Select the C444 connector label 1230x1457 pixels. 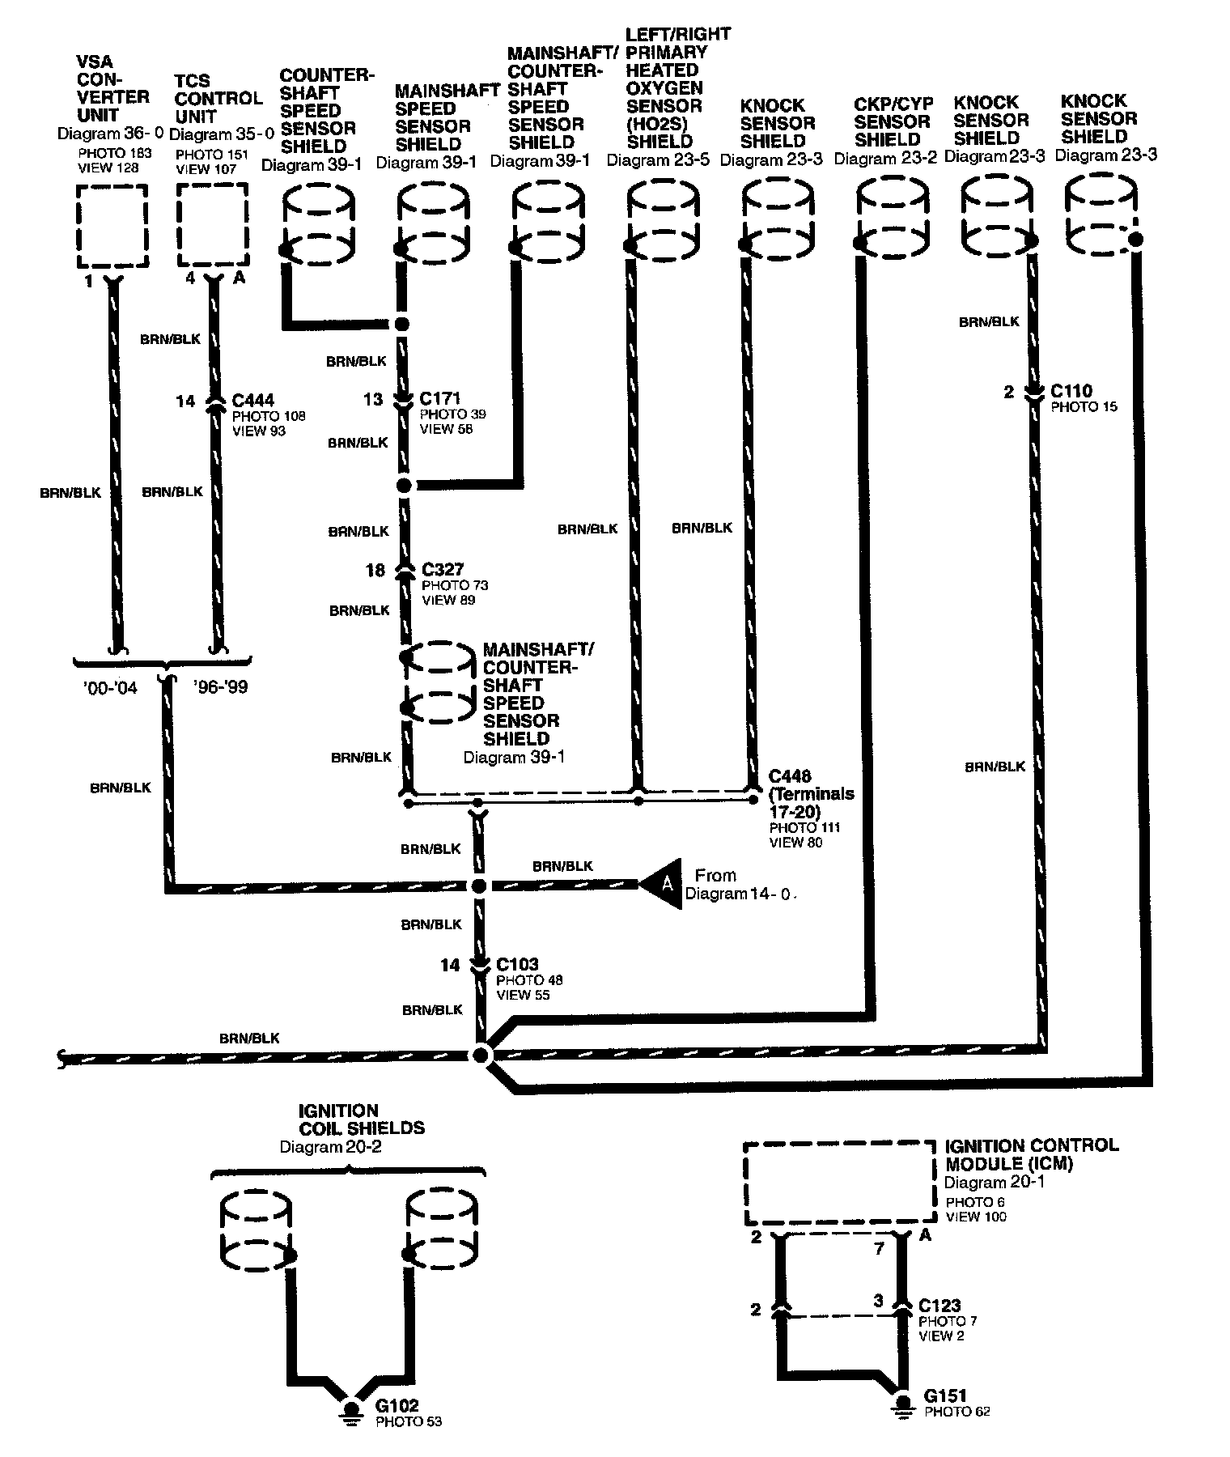pos(252,401)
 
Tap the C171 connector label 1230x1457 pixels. pos(440,398)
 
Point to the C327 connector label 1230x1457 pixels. pos(442,569)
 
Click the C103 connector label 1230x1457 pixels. pos(517,964)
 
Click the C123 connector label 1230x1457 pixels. pos(939,1305)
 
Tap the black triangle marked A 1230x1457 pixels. pos(663,884)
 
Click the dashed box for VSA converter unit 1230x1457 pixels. pos(112,226)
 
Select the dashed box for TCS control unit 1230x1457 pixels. pos(213,225)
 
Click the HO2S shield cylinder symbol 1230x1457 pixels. pos(664,220)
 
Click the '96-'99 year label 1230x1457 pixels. pos(220,687)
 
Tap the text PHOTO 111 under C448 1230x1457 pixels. pos(804,827)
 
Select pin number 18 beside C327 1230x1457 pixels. pos(375,571)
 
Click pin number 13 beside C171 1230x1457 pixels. pos(372,399)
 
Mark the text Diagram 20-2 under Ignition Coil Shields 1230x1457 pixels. pos(330,1147)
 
